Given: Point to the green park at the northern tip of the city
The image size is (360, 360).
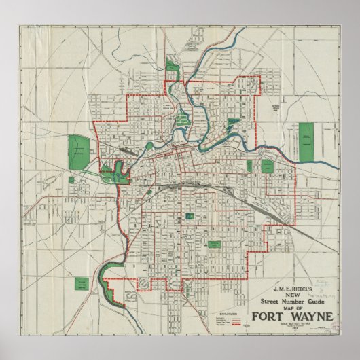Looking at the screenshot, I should click(170, 67).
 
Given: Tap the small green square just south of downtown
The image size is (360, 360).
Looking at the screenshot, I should click(188, 216).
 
